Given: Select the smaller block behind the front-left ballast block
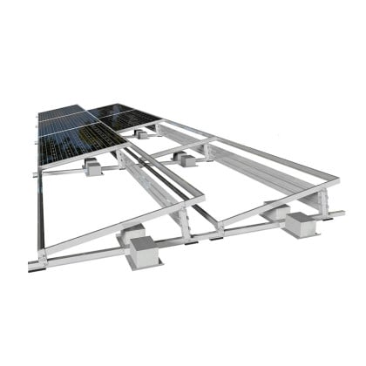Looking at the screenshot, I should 133,233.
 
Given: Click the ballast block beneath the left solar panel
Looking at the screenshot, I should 92,167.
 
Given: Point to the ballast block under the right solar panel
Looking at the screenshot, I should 142,133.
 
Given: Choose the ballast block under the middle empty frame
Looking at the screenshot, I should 186,159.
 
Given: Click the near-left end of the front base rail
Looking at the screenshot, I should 35,264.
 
